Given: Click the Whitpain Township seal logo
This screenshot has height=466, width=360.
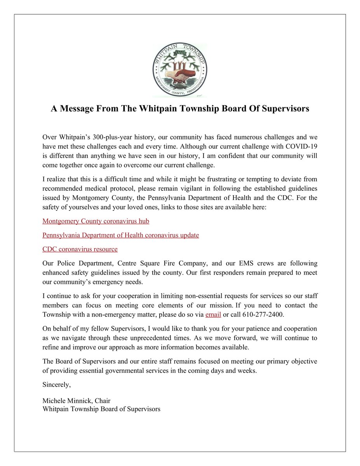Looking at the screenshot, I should [x=180, y=70].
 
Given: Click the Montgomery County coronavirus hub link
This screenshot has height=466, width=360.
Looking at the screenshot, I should [x=96, y=221].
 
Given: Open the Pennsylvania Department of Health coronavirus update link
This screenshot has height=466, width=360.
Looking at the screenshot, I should [x=120, y=235].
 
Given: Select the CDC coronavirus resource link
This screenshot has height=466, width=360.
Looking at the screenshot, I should [x=80, y=249].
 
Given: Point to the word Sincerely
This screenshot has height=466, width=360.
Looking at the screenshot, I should [x=57, y=385].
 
